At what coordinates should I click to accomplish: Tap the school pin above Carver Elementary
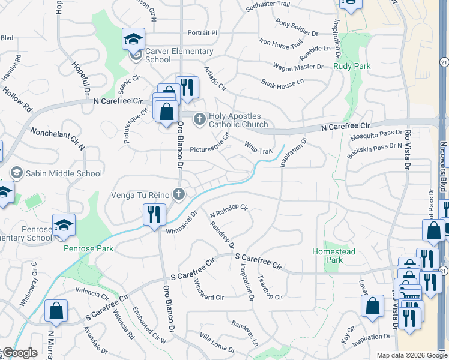[x=133, y=40]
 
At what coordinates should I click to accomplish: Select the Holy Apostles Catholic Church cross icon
[x=200, y=120]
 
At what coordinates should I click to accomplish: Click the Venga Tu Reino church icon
[x=178, y=194]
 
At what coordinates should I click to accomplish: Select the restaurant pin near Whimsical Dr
[x=154, y=214]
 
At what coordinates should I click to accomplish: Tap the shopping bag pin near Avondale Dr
[x=56, y=311]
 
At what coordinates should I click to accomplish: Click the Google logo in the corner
[x=19, y=353]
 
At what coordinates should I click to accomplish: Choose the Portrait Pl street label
[x=202, y=32]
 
